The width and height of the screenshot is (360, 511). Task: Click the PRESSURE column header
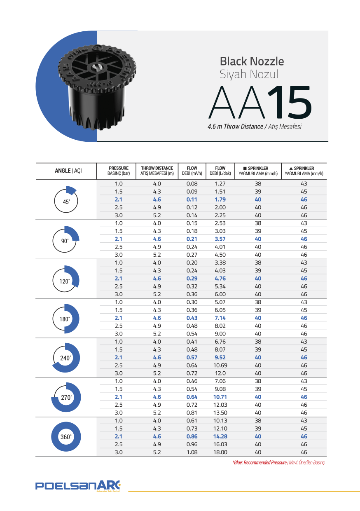119,171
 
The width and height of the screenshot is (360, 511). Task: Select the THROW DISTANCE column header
157,171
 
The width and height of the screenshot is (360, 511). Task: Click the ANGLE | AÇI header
68,171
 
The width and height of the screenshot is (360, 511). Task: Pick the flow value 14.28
220,436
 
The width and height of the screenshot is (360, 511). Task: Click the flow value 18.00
220,452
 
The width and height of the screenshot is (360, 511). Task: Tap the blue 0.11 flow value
192,199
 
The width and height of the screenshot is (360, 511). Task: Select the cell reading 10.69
220,366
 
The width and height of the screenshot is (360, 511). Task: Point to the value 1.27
220,184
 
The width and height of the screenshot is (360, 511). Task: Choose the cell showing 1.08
192,452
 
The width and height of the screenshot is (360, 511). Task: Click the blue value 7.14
220,318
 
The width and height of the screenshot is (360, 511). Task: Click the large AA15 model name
260,102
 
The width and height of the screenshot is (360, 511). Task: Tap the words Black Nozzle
252,61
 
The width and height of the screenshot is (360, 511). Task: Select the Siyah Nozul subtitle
249,75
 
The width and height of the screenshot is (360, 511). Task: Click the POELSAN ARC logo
78,485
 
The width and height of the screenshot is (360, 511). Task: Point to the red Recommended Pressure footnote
278,463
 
